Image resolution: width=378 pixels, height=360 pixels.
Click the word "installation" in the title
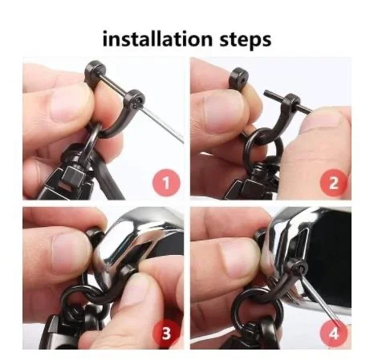(x=157, y=39)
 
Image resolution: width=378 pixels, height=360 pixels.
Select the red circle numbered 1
(x=166, y=183)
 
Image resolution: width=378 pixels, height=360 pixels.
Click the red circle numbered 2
(x=333, y=183)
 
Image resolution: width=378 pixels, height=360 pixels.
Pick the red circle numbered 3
(x=166, y=333)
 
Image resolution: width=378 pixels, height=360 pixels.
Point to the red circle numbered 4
(x=333, y=333)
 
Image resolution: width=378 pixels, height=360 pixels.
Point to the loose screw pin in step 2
(x=287, y=101)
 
